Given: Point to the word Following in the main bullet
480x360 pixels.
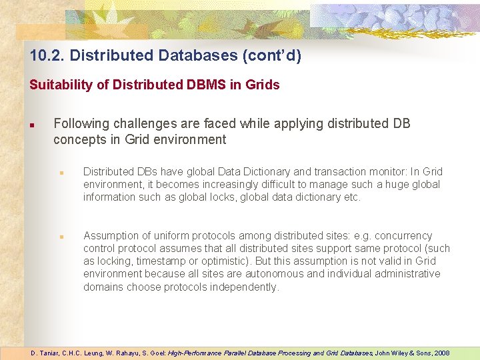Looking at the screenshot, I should pyautogui.click(x=81, y=124).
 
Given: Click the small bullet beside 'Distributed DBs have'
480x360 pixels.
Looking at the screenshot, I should pyautogui.click(x=61, y=173).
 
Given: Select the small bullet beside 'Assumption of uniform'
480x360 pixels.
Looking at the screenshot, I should pyautogui.click(x=61, y=237).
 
